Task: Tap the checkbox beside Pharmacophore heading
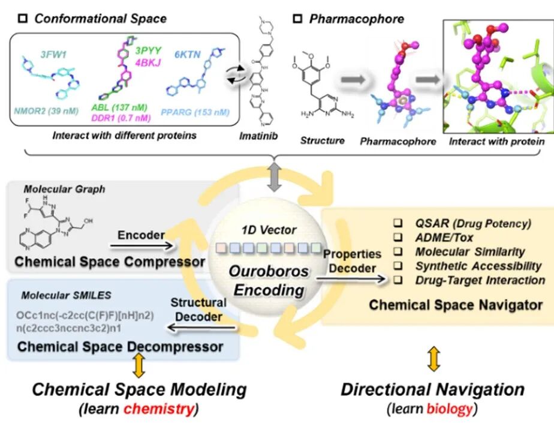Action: (x=297, y=19)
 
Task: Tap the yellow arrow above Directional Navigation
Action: (x=433, y=359)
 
